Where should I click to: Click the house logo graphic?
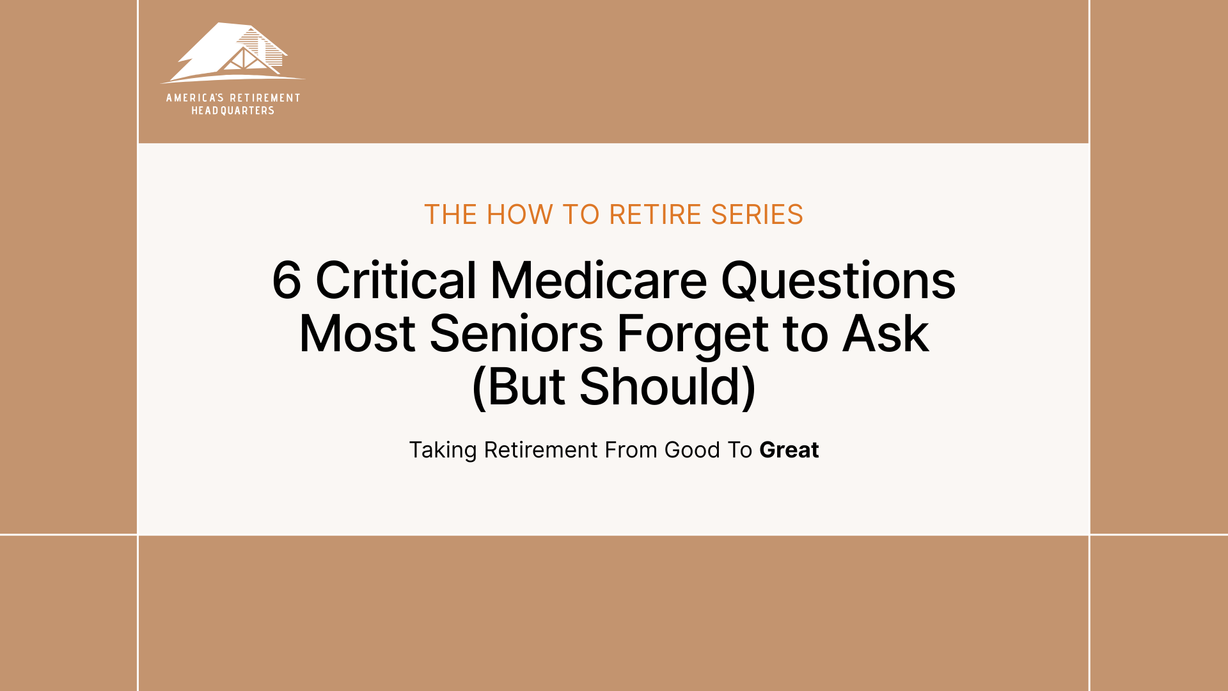tap(232, 54)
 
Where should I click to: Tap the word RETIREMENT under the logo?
tap(265, 98)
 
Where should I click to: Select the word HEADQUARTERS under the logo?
tap(233, 111)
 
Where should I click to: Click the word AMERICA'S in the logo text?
tap(194, 98)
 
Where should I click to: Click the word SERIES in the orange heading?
tap(757, 215)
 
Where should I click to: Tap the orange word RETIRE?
tap(656, 215)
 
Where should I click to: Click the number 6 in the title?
tap(286, 280)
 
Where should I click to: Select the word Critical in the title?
tap(396, 280)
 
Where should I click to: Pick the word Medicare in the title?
tap(599, 280)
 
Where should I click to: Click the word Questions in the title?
tap(838, 280)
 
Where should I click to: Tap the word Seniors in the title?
tap(516, 333)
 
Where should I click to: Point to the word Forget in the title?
tap(692, 335)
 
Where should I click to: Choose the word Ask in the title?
tap(885, 333)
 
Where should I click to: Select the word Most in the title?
tap(357, 333)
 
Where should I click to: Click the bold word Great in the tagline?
tap(789, 450)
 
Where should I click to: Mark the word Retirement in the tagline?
tap(541, 450)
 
